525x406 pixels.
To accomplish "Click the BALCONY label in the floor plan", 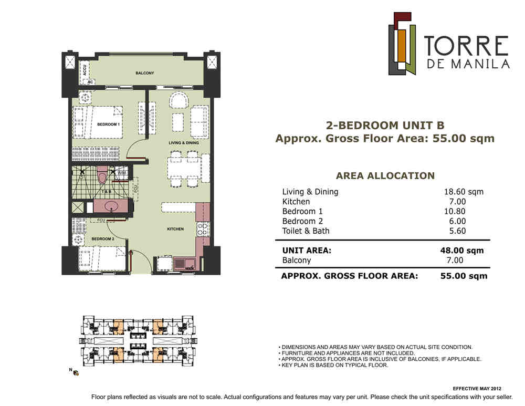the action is point(145,73).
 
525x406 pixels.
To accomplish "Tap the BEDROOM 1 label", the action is point(108,124).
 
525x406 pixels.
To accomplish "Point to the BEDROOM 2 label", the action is point(103,239).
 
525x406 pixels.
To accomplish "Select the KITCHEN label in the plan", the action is point(175,229).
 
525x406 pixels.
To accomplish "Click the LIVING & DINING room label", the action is point(183,143).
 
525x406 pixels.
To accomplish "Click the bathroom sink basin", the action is point(111,206).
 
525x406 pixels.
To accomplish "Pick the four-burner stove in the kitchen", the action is point(202,229).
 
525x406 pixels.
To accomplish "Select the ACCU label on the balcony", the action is point(85,70).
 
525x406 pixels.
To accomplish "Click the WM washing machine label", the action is point(122,173).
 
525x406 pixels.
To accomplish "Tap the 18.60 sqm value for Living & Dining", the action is point(464,192).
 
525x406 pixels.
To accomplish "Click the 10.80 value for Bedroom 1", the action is point(454,211).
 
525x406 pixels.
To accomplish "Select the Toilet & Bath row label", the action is point(306,231).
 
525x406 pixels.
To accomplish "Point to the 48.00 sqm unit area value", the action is point(461,251).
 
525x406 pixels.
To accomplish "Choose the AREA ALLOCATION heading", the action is point(385,176).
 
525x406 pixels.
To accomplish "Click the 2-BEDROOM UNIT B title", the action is point(385,126).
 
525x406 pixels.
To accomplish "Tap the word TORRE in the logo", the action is point(466,46).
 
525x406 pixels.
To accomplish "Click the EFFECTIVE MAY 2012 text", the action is point(477,389).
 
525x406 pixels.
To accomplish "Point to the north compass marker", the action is point(74,371).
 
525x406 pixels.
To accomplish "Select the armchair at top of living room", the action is point(179,100).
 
